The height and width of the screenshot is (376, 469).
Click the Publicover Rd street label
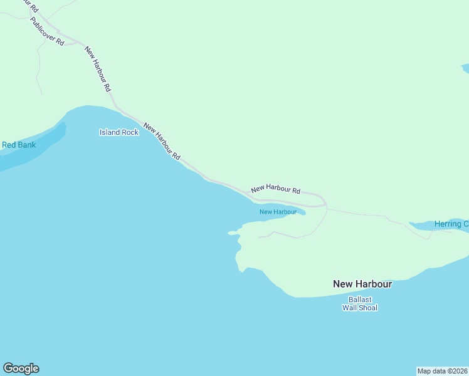point(46,31)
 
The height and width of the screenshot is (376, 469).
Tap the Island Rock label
point(119,132)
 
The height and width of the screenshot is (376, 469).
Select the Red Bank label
point(19,145)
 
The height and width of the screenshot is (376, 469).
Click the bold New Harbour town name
point(362,284)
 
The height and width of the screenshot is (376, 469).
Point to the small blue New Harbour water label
point(278,212)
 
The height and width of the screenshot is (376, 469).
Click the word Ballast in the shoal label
point(360,299)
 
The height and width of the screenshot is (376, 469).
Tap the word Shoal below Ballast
point(367,308)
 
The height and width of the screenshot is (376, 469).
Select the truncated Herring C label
point(451,224)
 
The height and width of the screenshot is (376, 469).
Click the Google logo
point(21,368)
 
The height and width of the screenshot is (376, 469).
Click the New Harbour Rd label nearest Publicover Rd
point(98,69)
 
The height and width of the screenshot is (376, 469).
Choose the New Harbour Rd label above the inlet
point(275,189)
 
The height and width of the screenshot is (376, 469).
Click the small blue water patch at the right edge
point(465,67)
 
